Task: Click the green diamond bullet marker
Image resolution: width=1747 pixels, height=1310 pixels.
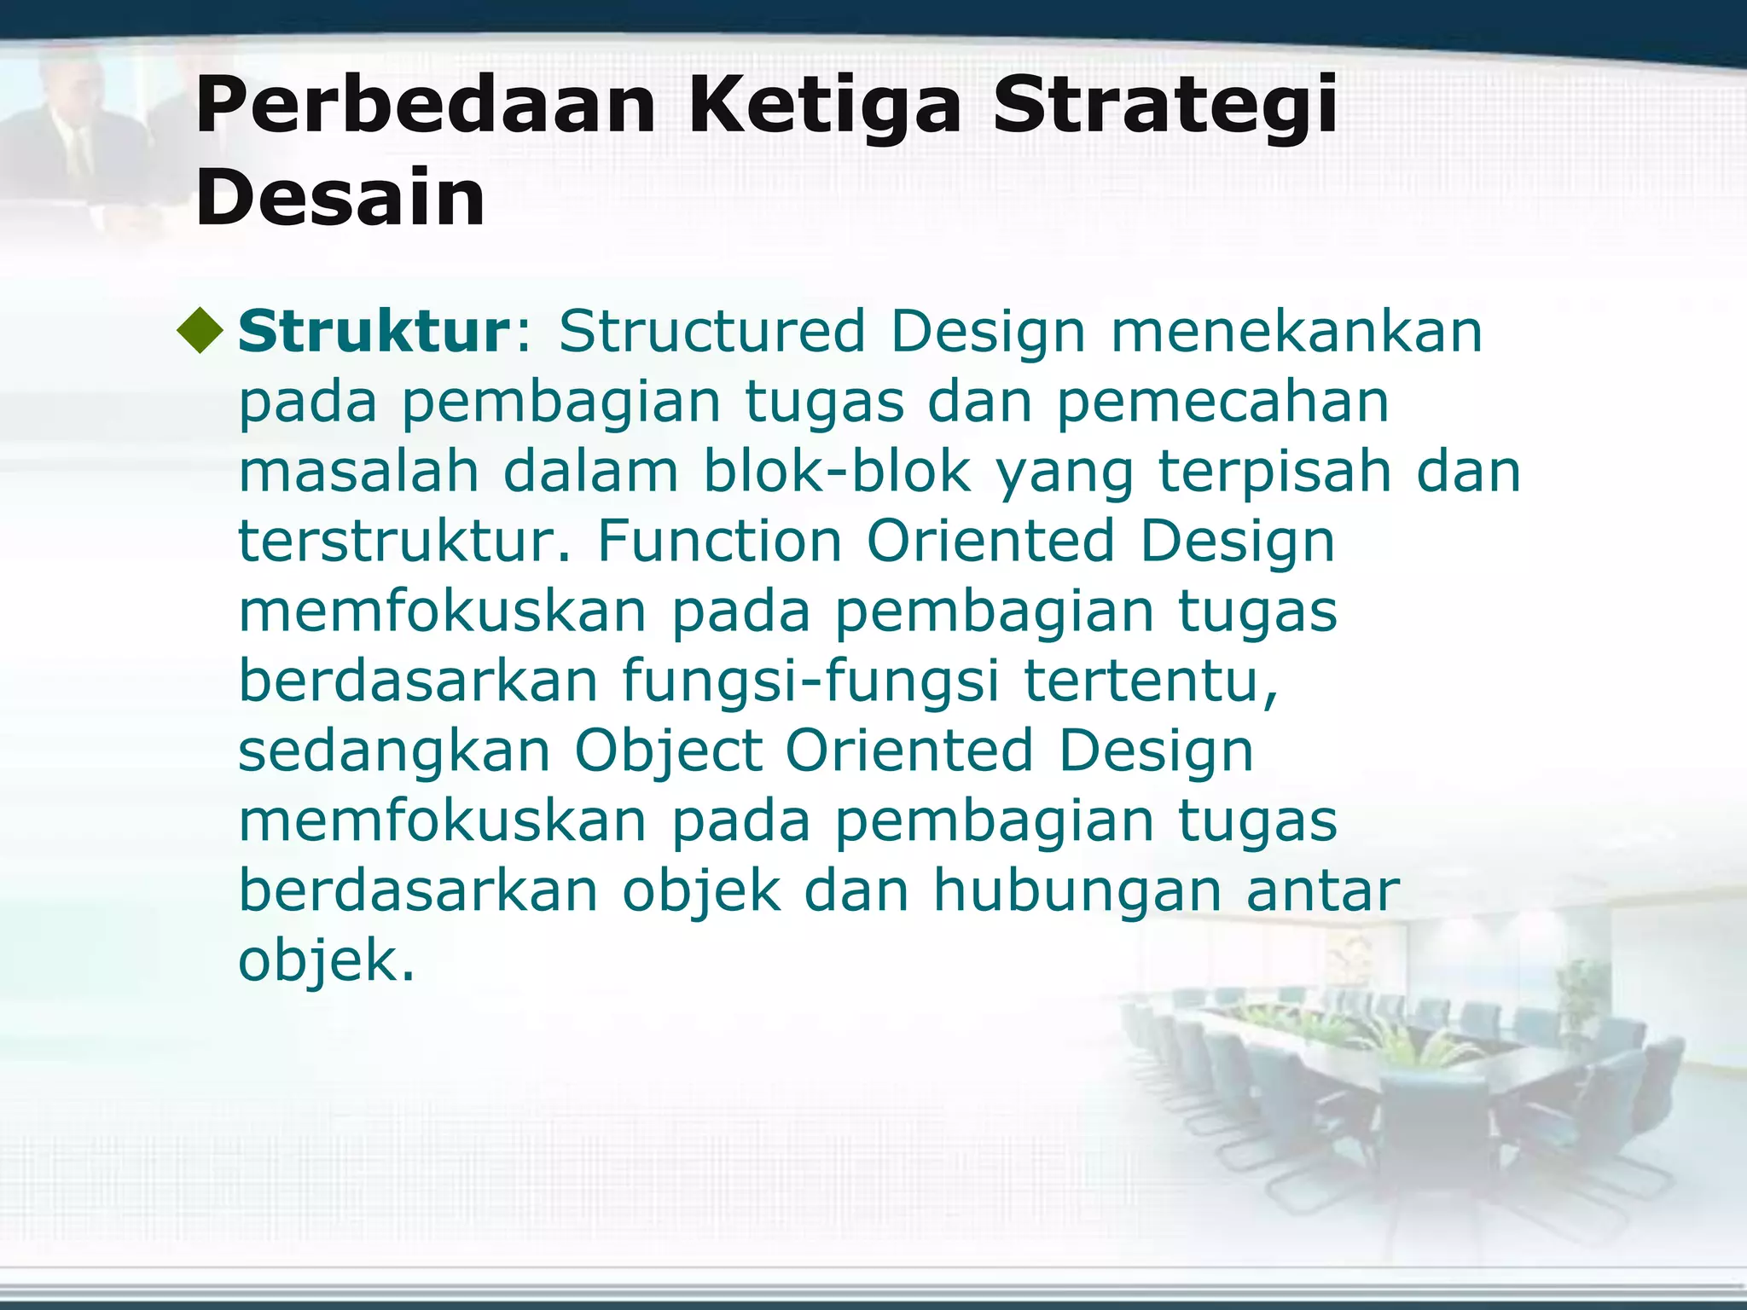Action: [x=201, y=331]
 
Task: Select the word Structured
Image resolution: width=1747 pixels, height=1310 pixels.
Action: [x=712, y=332]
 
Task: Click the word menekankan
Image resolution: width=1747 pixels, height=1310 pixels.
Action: [x=1297, y=332]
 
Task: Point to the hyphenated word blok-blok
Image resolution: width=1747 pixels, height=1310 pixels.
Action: [x=837, y=472]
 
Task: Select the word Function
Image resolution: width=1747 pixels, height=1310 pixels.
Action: [x=719, y=542]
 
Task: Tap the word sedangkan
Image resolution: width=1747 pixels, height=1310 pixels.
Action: [x=394, y=753]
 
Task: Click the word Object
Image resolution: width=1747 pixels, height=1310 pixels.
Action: [x=668, y=753]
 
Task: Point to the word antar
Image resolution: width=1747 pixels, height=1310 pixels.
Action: [x=1323, y=893]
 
